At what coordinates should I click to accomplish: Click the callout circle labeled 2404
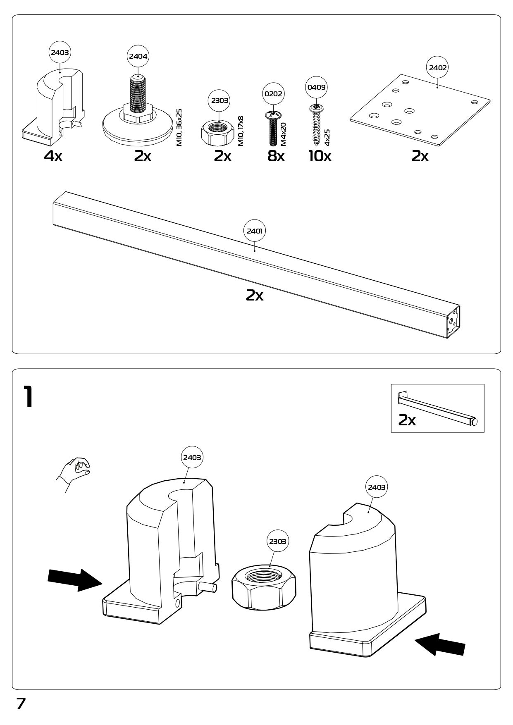point(138,56)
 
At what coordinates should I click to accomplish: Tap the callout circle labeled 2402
point(438,67)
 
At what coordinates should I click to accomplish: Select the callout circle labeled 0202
point(273,93)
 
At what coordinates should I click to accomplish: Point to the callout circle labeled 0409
point(316,87)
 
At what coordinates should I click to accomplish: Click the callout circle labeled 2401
point(254,231)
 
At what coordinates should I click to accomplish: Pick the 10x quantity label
point(320,156)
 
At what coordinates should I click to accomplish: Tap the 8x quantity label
point(276,156)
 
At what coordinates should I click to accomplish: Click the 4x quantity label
point(53,156)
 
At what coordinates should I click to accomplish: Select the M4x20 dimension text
point(283,134)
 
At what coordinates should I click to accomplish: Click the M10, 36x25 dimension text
point(179,127)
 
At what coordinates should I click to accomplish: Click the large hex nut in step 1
point(264,587)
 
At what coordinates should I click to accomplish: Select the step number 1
point(28,397)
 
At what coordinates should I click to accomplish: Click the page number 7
point(21,704)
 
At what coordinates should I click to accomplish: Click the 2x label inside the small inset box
point(407,420)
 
